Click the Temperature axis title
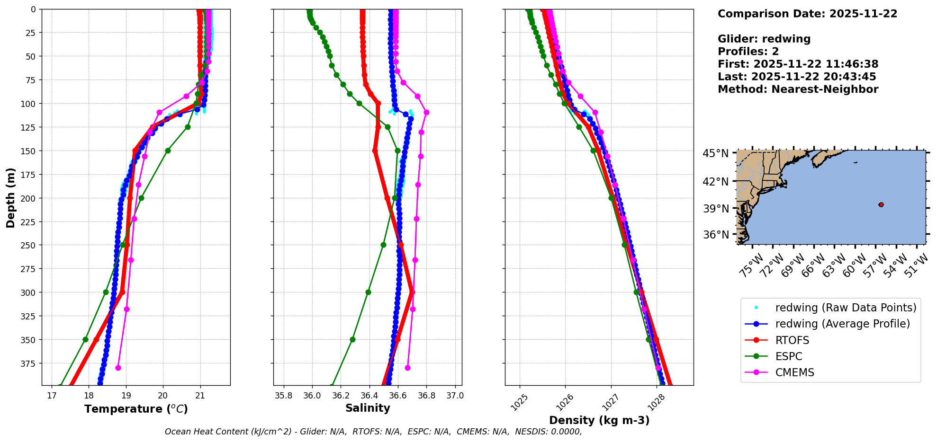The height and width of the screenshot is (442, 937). point(136,409)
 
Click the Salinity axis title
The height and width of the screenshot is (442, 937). point(368,408)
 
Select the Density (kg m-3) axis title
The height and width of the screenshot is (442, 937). point(599,420)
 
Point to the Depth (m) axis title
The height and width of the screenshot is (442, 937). point(10,197)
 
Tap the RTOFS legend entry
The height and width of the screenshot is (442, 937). point(792,340)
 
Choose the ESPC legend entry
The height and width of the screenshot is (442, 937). point(789,356)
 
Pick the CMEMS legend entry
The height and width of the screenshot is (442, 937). point(794,372)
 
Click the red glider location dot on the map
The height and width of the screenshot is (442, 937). point(881,204)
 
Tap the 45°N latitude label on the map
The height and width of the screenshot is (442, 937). point(715,154)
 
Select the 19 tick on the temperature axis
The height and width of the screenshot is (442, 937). point(126,396)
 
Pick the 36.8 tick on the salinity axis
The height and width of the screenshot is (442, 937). point(426,396)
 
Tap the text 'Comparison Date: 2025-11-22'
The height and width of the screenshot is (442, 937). point(807,14)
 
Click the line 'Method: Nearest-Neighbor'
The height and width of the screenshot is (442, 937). point(798,89)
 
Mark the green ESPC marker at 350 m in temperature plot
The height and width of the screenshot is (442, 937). point(85,339)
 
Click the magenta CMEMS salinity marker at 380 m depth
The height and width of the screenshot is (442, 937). point(407,368)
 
